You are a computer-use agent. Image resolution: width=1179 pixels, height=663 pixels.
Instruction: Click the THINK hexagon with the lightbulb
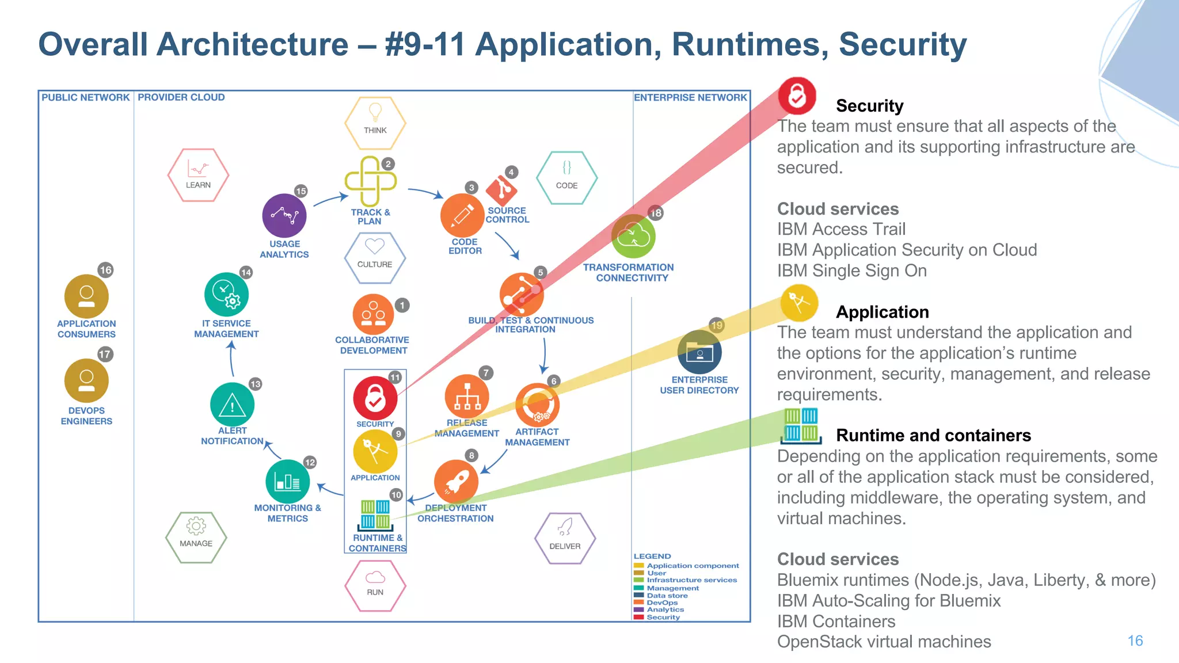click(x=375, y=123)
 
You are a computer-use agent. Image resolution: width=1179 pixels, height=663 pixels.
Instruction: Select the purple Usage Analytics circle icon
click(x=284, y=216)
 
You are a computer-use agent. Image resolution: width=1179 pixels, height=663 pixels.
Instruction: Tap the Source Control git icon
click(x=501, y=190)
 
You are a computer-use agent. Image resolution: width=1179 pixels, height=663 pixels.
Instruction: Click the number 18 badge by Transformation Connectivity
click(x=656, y=213)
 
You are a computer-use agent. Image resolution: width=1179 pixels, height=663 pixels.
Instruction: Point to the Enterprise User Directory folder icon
click(x=699, y=352)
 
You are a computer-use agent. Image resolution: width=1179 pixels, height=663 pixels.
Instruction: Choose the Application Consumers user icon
click(x=86, y=296)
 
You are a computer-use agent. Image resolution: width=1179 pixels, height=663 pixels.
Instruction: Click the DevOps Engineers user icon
click(x=86, y=380)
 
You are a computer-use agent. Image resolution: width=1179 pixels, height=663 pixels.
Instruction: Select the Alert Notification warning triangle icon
click(x=232, y=405)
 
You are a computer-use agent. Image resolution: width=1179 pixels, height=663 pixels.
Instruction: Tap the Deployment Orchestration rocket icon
click(x=456, y=481)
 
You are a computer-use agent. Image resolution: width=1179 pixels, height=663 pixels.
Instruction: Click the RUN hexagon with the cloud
click(x=375, y=585)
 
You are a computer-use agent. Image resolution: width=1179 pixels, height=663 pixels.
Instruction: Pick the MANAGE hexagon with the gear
click(x=196, y=537)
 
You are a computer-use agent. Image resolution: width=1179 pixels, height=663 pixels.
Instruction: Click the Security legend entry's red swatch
click(x=638, y=617)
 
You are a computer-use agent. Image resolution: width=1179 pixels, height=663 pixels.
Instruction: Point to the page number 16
click(x=1135, y=641)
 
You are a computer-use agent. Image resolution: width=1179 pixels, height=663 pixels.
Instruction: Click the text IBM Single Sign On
click(x=851, y=270)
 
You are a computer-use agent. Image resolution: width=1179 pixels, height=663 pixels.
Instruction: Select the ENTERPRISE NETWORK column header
click(x=690, y=97)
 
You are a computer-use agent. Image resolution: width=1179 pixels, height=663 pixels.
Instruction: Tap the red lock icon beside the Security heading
click(x=797, y=96)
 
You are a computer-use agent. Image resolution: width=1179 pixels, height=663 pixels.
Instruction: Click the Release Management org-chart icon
click(x=467, y=397)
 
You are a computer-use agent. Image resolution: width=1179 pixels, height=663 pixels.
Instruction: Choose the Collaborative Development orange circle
click(x=373, y=314)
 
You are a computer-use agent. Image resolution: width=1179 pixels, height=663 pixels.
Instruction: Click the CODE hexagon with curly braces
click(x=566, y=177)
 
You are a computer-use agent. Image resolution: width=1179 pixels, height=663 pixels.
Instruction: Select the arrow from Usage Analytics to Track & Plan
click(x=331, y=200)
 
